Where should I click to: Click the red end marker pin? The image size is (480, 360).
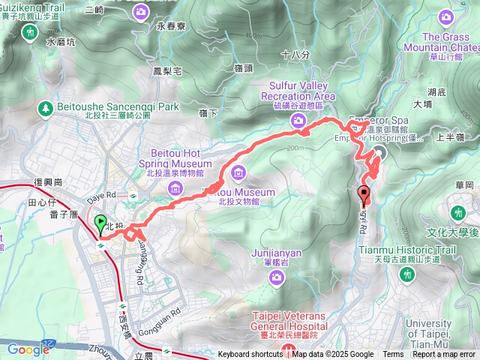(365, 194)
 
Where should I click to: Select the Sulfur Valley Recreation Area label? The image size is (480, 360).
(298, 91)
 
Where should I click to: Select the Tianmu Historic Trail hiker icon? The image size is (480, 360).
(407, 276)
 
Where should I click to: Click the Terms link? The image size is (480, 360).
(393, 355)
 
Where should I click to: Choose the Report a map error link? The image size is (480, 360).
(445, 355)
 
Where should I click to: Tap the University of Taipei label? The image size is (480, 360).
(449, 328)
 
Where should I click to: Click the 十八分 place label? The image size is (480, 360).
(294, 55)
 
